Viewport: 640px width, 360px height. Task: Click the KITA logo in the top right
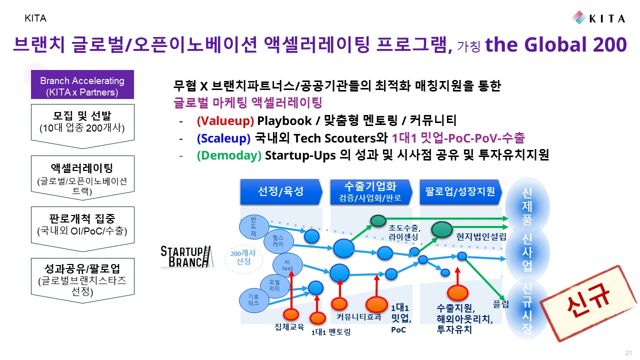click(x=598, y=18)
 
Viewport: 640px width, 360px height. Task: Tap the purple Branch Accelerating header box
click(x=82, y=86)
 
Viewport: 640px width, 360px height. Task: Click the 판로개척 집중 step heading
click(x=82, y=218)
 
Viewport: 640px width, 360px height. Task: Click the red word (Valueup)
click(x=225, y=121)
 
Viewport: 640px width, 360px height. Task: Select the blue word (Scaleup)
click(x=223, y=138)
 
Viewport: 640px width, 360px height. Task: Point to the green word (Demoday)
click(x=229, y=155)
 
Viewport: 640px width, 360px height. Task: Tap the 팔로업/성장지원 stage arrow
click(x=459, y=191)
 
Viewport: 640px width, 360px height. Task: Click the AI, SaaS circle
click(x=287, y=264)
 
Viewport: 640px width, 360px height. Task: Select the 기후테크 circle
click(x=254, y=299)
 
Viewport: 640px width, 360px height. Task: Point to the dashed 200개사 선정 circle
click(x=243, y=257)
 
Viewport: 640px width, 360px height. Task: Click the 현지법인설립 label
click(x=481, y=237)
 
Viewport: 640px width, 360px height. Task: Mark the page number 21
click(x=628, y=352)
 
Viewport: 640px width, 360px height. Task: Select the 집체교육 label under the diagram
click(x=289, y=327)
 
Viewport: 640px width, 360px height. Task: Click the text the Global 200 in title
click(x=555, y=45)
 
